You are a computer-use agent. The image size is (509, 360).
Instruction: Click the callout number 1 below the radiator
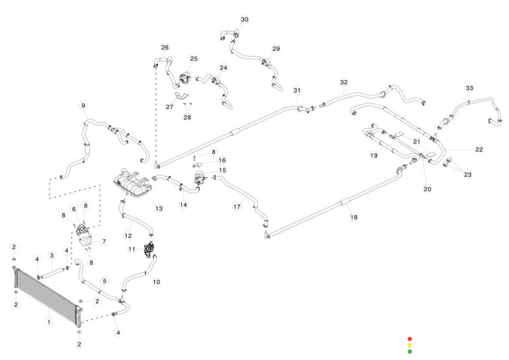(x=48, y=322)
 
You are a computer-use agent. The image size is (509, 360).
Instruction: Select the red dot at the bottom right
(x=410, y=339)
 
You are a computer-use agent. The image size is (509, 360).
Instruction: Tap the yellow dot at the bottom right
(x=410, y=345)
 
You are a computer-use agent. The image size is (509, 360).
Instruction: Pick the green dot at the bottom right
(x=410, y=352)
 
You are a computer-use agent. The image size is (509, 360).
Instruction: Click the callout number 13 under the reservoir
(x=159, y=208)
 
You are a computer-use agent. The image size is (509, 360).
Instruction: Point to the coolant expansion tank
(x=132, y=181)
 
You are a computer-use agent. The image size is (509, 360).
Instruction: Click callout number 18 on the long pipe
(x=353, y=217)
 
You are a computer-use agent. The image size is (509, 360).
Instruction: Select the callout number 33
(x=469, y=88)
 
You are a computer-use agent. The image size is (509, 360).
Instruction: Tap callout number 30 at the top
(x=245, y=19)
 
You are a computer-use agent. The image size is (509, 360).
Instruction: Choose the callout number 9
(x=83, y=105)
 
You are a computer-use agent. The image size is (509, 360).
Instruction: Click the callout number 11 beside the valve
(x=132, y=248)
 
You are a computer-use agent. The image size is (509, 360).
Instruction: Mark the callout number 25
(x=194, y=58)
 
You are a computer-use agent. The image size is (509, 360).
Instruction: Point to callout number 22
(x=479, y=149)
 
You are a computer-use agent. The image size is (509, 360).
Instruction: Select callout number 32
(x=344, y=82)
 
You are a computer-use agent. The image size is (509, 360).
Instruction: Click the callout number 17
(x=238, y=206)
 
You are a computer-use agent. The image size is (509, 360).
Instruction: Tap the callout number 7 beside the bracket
(x=104, y=241)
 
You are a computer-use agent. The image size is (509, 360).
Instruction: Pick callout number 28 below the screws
(x=187, y=117)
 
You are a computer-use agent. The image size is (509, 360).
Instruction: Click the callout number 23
(x=467, y=175)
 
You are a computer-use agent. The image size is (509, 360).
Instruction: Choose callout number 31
(x=297, y=90)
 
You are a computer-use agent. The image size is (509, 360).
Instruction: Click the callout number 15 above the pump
(x=222, y=170)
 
